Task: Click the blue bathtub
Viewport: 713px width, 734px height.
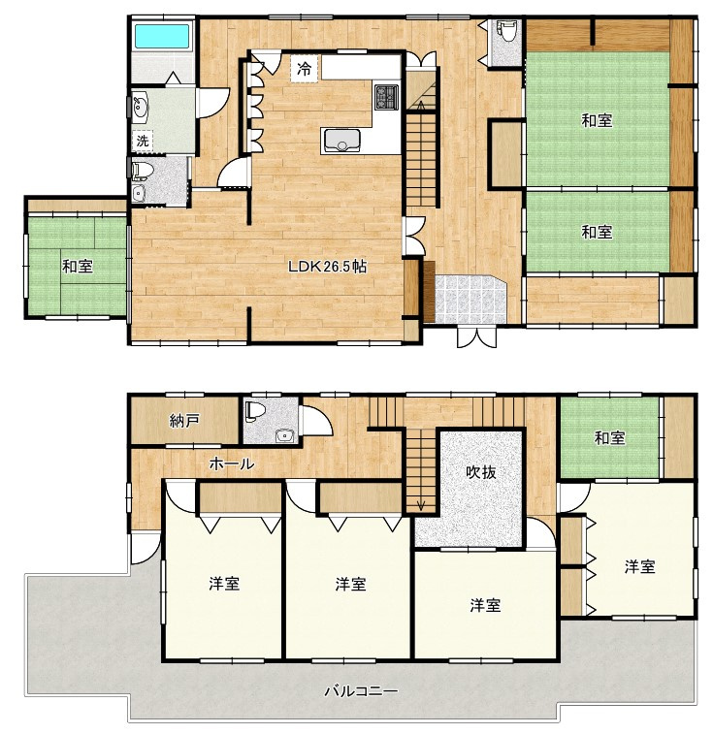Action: click(162, 36)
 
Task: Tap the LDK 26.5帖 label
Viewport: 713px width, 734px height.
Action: click(327, 267)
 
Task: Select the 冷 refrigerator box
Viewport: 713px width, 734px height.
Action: click(304, 69)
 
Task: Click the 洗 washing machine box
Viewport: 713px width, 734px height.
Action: click(143, 140)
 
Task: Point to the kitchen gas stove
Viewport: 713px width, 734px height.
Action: click(386, 97)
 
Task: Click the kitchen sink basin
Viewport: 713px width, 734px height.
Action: click(342, 140)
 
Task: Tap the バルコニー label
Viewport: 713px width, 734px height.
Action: click(361, 691)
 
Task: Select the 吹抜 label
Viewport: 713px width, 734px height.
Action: click(480, 472)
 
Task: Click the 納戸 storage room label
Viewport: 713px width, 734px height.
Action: click(184, 421)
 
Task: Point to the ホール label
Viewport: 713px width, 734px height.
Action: click(232, 463)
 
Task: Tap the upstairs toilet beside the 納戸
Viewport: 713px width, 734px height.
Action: click(257, 409)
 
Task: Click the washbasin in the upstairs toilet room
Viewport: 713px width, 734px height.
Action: click(284, 436)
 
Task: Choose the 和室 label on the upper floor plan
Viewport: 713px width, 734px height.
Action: click(609, 438)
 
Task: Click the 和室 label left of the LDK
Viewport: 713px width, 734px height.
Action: click(78, 267)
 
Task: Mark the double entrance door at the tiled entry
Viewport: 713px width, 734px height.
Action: click(477, 336)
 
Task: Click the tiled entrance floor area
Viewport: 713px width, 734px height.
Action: click(470, 299)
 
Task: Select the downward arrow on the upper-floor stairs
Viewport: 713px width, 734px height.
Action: click(421, 505)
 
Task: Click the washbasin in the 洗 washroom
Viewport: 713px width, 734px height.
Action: click(140, 107)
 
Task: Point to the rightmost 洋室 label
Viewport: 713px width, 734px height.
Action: click(640, 566)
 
